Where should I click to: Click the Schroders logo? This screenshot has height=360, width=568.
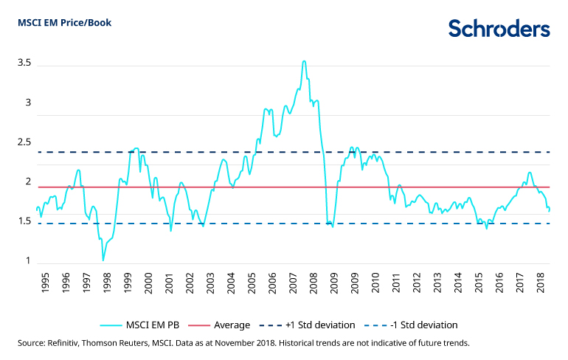pyautogui.click(x=499, y=29)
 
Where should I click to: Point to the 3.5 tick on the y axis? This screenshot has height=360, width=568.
pyautogui.click(x=24, y=63)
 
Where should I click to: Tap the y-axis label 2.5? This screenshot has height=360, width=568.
pyautogui.click(x=24, y=142)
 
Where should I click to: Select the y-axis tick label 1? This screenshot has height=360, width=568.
pyautogui.click(x=28, y=262)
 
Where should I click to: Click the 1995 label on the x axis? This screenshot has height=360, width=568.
pyautogui.click(x=45, y=284)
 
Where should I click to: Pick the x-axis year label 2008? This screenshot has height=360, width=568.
pyautogui.click(x=314, y=284)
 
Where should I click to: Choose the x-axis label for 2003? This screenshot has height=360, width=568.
pyautogui.click(x=210, y=284)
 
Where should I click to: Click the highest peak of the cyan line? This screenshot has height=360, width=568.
pyautogui.click(x=304, y=61)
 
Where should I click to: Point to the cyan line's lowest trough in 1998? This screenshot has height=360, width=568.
pyautogui.click(x=103, y=260)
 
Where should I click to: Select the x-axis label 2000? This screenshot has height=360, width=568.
pyautogui.click(x=148, y=284)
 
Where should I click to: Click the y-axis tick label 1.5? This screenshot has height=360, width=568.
pyautogui.click(x=24, y=222)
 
